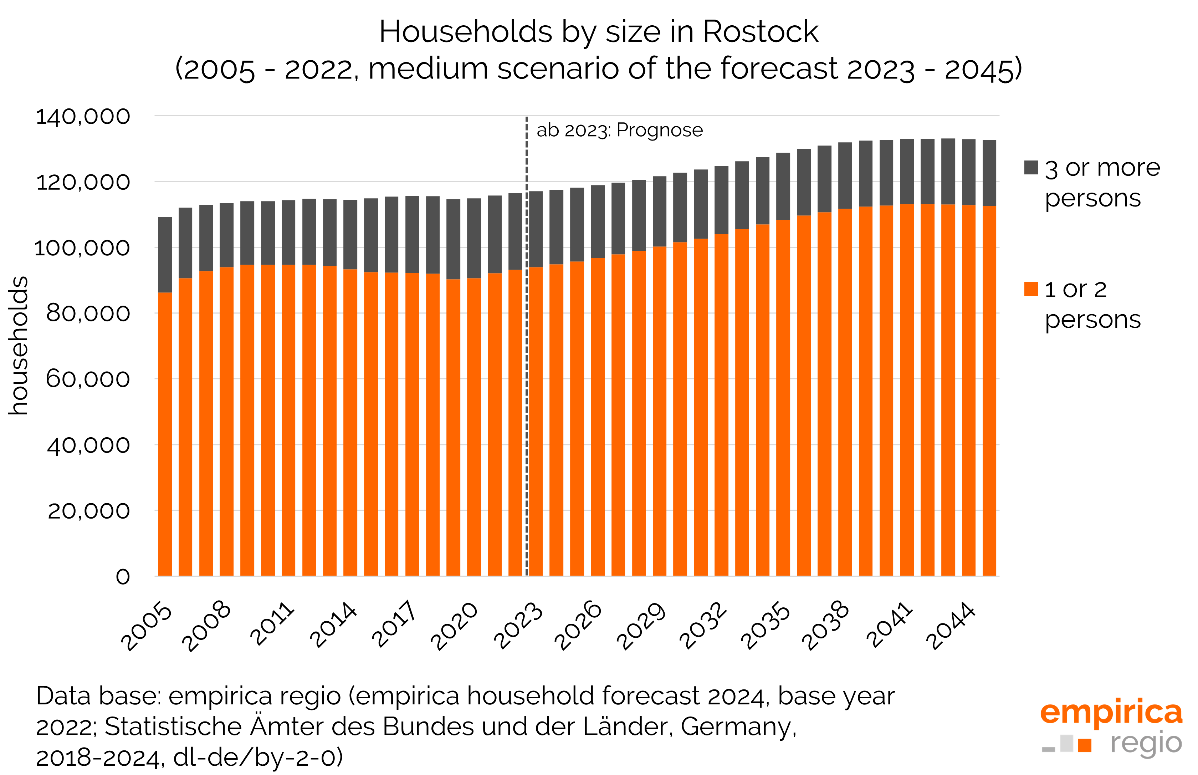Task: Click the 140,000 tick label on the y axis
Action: (x=82, y=117)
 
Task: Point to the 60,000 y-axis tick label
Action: (x=88, y=379)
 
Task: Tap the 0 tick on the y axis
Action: (x=123, y=577)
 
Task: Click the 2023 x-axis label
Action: (x=518, y=626)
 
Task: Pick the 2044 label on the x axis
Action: (x=951, y=626)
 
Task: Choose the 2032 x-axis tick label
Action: (x=703, y=626)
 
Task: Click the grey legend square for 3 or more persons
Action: (x=1031, y=168)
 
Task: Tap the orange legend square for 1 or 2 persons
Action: (x=1031, y=289)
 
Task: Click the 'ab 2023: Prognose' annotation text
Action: (x=619, y=130)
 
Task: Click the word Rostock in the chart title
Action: (x=760, y=32)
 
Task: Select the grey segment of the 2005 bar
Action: (x=165, y=255)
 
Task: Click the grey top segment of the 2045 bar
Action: (x=989, y=173)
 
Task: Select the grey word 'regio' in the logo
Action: (x=1146, y=743)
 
